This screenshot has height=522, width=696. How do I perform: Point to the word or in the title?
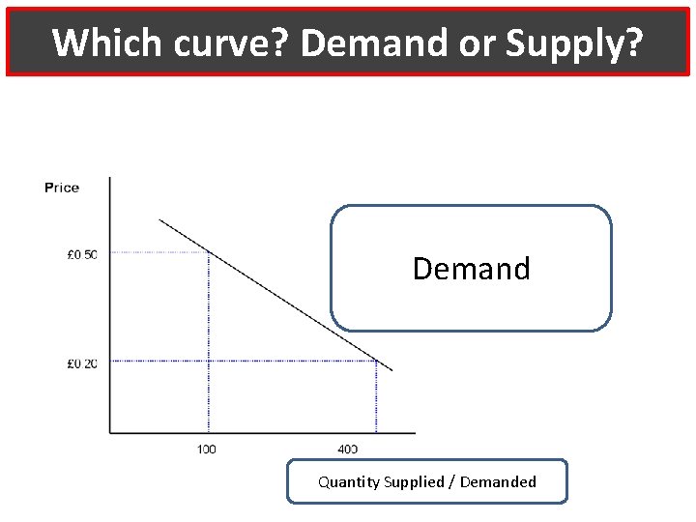pyautogui.click(x=475, y=43)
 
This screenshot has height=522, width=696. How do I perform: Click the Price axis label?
pyautogui.click(x=62, y=188)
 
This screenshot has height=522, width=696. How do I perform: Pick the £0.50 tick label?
pyautogui.click(x=82, y=255)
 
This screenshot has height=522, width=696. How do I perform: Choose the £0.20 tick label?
pyautogui.click(x=82, y=363)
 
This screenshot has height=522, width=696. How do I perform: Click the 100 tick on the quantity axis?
pyautogui.click(x=207, y=449)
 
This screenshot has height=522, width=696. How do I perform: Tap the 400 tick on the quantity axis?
pyautogui.click(x=347, y=449)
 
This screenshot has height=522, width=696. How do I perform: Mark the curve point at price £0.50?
pyautogui.click(x=209, y=252)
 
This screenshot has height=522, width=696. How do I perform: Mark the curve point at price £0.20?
pyautogui.click(x=376, y=361)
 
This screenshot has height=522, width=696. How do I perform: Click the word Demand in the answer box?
pyautogui.click(x=472, y=268)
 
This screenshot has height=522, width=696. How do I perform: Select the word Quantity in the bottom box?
pyautogui.click(x=349, y=481)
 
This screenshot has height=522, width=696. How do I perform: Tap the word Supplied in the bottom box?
pyautogui.click(x=414, y=481)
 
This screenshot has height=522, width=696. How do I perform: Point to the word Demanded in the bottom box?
pyautogui.click(x=498, y=481)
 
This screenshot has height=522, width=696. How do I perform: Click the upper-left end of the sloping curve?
pyautogui.click(x=160, y=220)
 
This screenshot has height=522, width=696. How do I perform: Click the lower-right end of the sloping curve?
pyautogui.click(x=391, y=370)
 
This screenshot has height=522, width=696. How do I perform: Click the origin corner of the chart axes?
pyautogui.click(x=110, y=432)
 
